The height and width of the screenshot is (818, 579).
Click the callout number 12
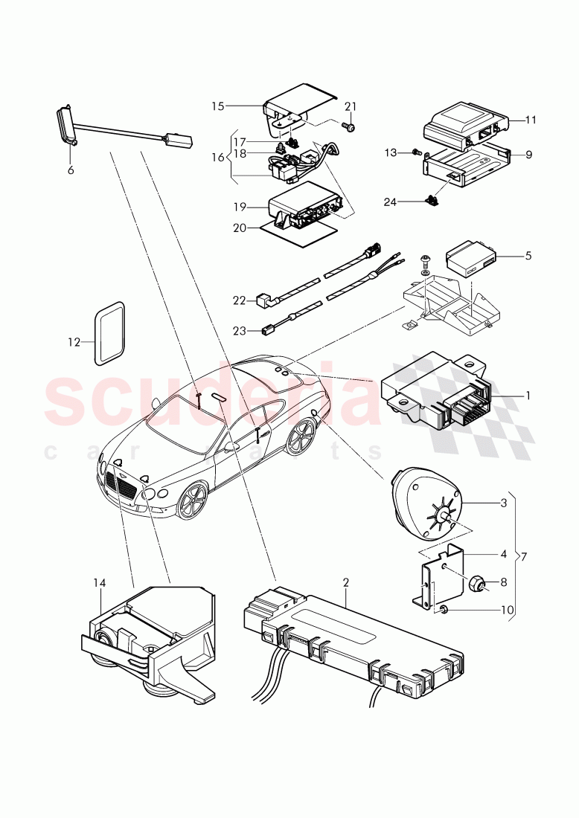point(72,343)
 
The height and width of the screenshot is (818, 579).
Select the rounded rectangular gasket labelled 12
point(109,335)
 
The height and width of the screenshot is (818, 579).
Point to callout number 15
point(217,106)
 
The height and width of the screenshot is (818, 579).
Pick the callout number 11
point(530,119)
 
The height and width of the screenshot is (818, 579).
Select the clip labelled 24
point(430,199)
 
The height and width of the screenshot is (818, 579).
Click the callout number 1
point(528,395)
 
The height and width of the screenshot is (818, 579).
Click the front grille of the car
point(121,489)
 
